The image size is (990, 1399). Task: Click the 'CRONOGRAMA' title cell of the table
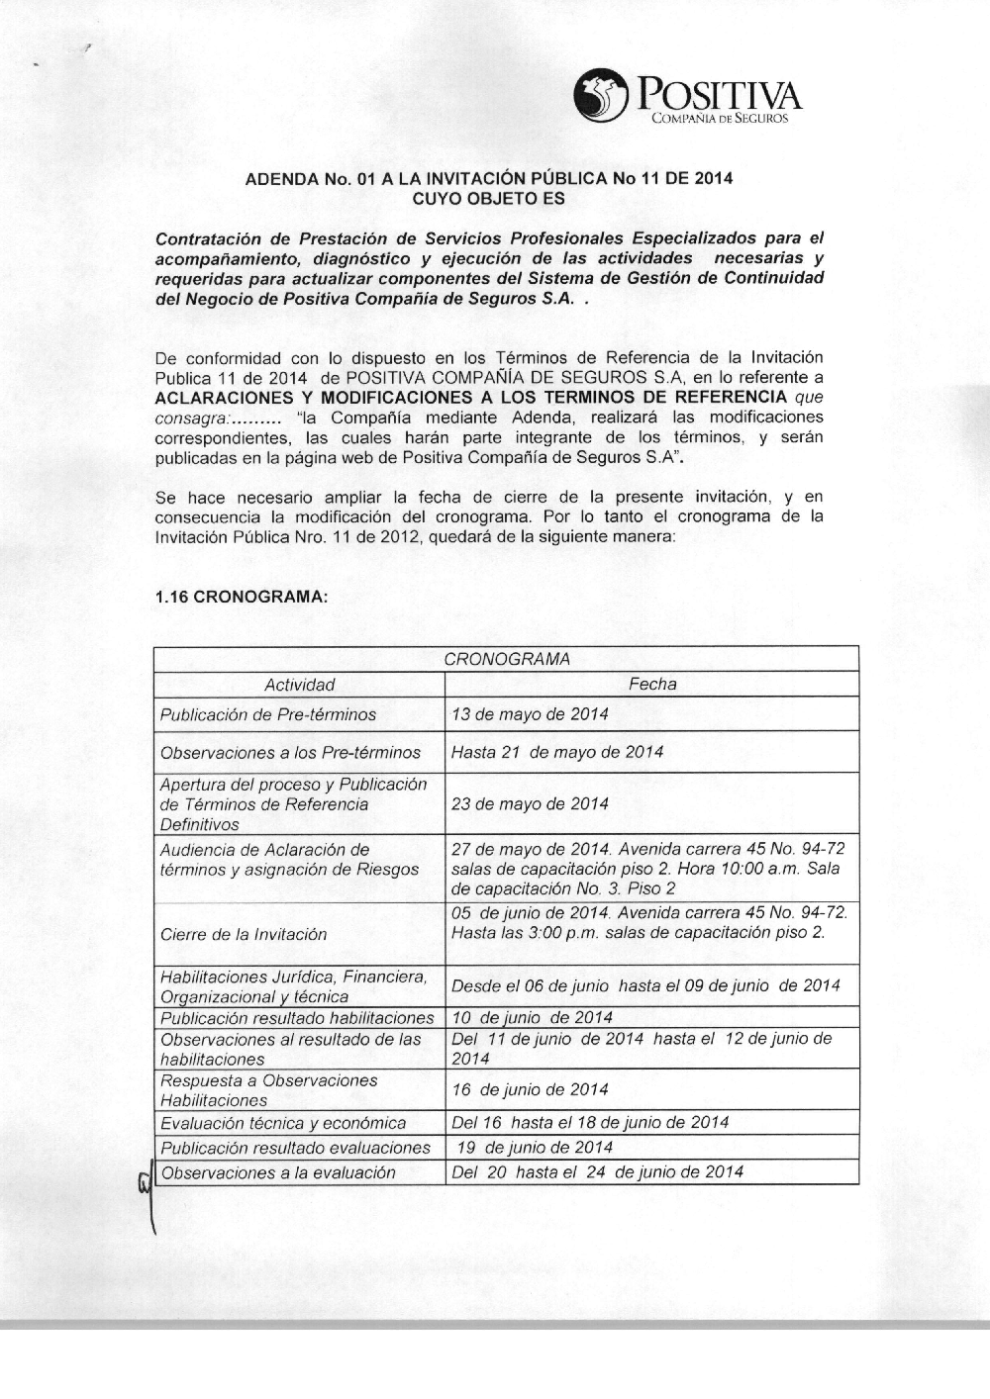click(507, 659)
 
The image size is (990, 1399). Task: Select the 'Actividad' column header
click(299, 685)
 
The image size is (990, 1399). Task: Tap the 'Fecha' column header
click(652, 684)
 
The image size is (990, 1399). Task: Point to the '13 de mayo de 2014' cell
click(530, 714)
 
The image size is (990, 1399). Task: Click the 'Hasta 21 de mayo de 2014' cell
click(557, 752)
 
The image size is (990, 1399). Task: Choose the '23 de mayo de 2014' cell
click(530, 803)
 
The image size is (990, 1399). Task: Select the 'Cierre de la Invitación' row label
click(244, 934)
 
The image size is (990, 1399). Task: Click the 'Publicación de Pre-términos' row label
click(268, 714)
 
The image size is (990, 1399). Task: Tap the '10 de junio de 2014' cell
click(532, 1017)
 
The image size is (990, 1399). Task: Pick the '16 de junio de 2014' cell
click(530, 1089)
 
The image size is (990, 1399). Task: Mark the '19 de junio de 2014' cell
click(535, 1148)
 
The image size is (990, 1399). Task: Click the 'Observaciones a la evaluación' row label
click(278, 1172)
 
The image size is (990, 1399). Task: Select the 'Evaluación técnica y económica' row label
click(283, 1123)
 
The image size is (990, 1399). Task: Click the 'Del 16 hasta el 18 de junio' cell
click(590, 1122)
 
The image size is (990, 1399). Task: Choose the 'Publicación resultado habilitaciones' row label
click(297, 1017)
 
